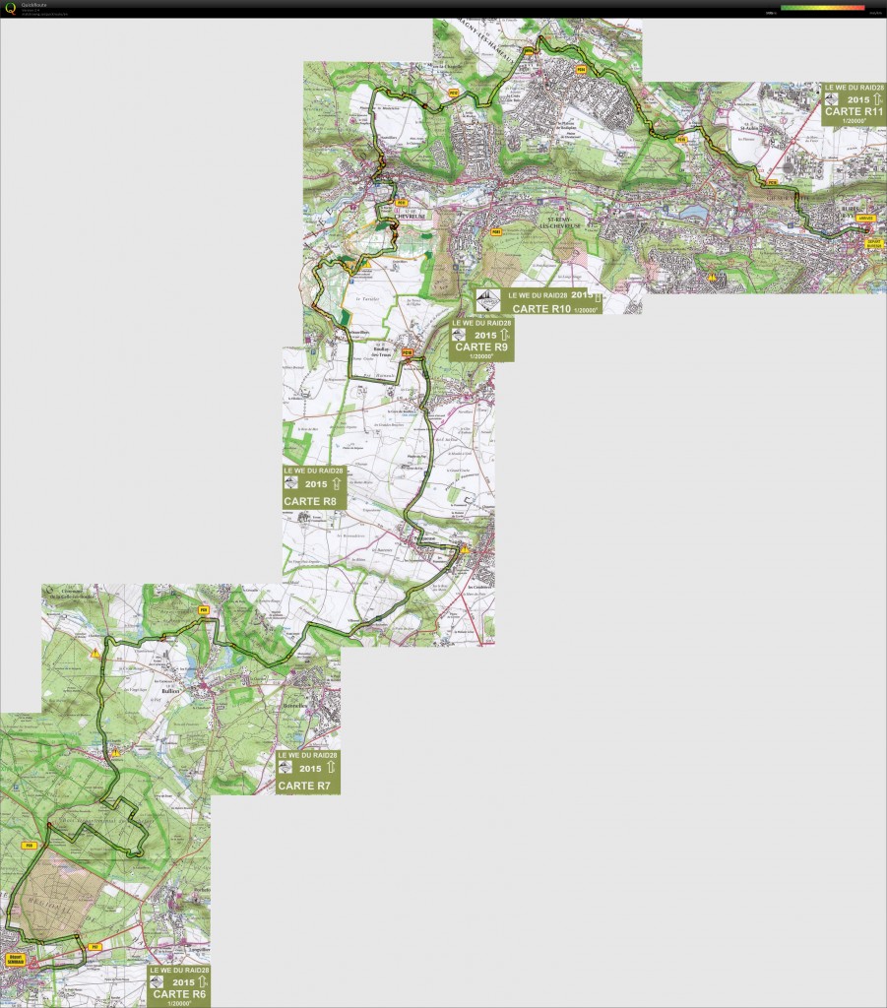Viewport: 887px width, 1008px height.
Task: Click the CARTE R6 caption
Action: click(x=178, y=994)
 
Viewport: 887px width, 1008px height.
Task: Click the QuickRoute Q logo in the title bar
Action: click(x=10, y=9)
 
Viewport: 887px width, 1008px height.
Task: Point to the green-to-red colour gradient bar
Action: click(x=822, y=7)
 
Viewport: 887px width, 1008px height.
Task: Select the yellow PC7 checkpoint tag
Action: click(x=95, y=946)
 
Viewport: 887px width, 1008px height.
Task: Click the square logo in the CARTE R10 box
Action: click(x=488, y=301)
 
